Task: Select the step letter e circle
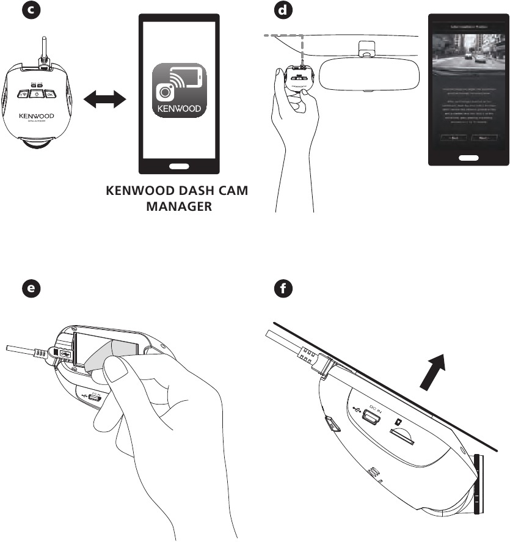coord(26,290)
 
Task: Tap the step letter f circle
coord(282,290)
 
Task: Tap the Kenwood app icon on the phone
coord(178,90)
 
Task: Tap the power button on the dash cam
coord(36,93)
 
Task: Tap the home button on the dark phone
coord(467,158)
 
